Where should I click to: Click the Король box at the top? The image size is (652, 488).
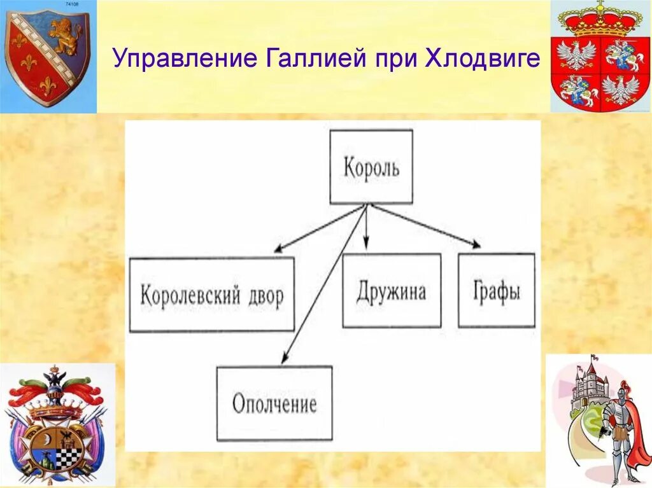pyautogui.click(x=371, y=167)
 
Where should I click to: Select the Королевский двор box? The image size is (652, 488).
pyautogui.click(x=211, y=295)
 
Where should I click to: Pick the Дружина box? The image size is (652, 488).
pyautogui.click(x=391, y=291)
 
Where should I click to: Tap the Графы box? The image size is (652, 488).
pyautogui.click(x=496, y=291)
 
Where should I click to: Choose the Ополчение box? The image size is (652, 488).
pyautogui.click(x=274, y=403)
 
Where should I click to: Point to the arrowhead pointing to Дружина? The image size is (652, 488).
pyautogui.click(x=366, y=245)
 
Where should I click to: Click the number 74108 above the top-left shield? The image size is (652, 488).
pyautogui.click(x=74, y=4)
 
